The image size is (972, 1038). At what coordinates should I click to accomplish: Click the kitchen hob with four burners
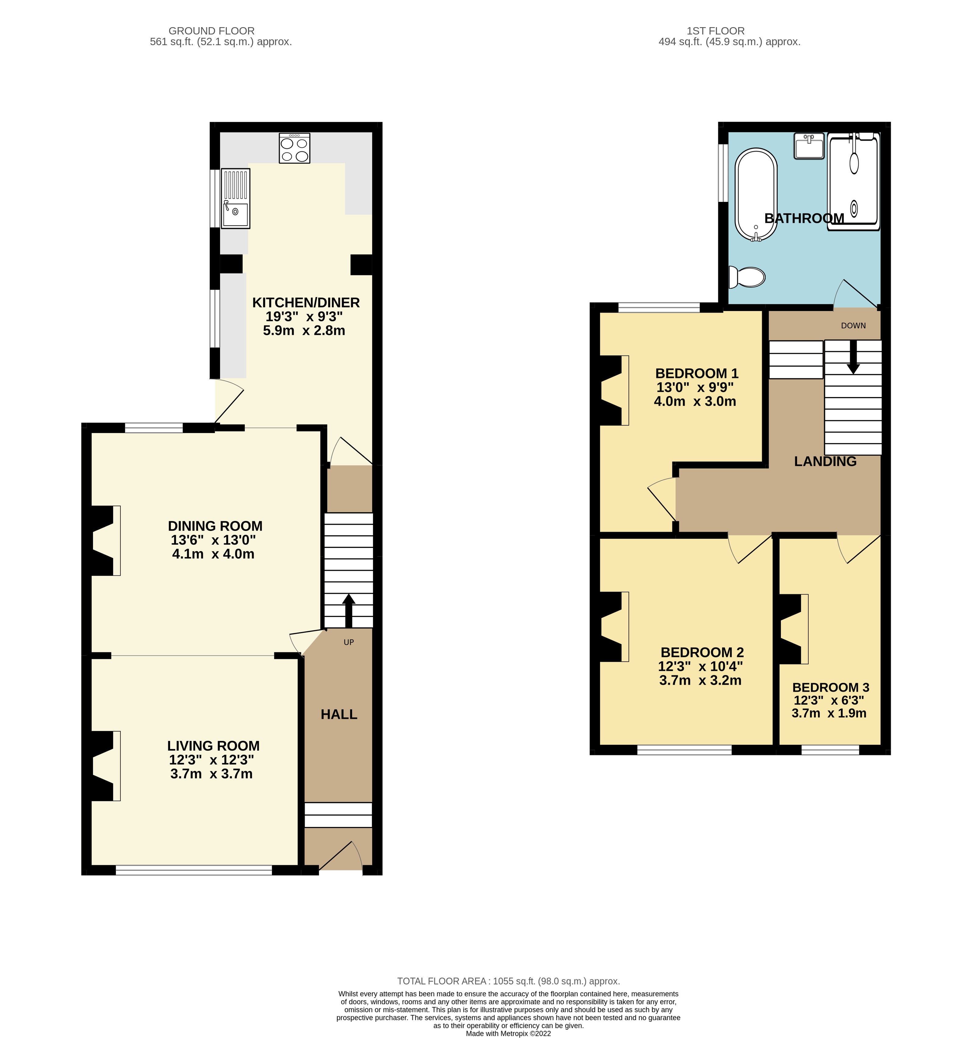pos(294,148)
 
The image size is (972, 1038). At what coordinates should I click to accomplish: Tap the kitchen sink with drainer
pos(235,199)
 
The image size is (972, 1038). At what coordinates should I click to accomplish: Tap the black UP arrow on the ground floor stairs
pos(348,610)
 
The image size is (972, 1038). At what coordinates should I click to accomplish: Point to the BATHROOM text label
pos(804,218)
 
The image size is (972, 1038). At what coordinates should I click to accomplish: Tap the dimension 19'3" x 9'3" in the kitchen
pos(304,317)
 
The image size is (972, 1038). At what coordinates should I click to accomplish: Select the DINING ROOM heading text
pos(215,526)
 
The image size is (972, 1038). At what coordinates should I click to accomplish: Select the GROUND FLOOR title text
pos(212,31)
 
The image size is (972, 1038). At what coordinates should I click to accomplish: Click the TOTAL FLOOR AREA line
pos(508,981)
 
